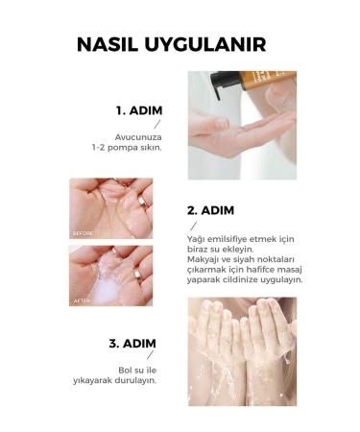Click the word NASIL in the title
click(x=108, y=44)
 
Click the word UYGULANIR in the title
click(x=205, y=44)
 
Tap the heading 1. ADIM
click(x=139, y=110)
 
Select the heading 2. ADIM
click(x=210, y=210)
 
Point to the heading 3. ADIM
click(x=132, y=344)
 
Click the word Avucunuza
click(x=138, y=137)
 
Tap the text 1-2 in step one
click(x=98, y=148)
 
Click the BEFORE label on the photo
click(x=83, y=233)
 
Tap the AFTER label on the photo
click(x=82, y=301)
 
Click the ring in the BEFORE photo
click(x=141, y=202)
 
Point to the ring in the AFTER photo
click(x=138, y=276)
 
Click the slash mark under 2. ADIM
click(x=194, y=227)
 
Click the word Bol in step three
click(x=125, y=371)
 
